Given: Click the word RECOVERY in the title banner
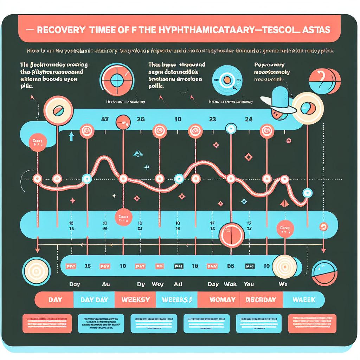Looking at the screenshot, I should click(x=60, y=30).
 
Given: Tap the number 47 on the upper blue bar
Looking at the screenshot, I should click(x=104, y=119).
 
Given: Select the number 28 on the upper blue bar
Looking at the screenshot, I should click(x=141, y=119).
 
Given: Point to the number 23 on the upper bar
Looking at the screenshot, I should click(x=212, y=119).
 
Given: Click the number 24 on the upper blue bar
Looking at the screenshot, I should click(x=249, y=119).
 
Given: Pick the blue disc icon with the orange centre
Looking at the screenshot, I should click(x=227, y=79).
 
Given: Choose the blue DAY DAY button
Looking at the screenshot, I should click(x=94, y=300).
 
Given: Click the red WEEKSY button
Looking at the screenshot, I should click(x=135, y=300).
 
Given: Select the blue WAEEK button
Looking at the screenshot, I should click(x=304, y=300).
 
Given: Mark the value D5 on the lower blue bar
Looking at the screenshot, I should click(x=231, y=266).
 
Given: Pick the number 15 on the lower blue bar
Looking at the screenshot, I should click(x=88, y=266).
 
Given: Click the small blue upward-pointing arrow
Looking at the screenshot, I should click(x=71, y=136).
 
